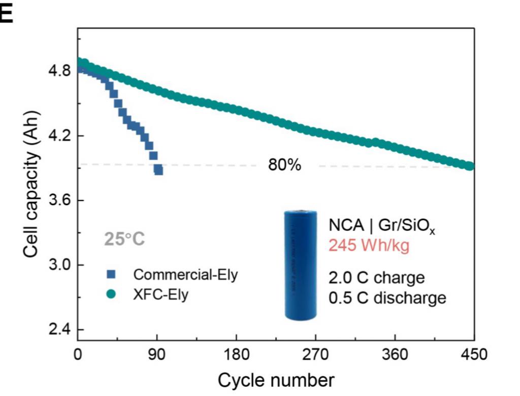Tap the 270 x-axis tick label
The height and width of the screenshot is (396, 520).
(315, 354)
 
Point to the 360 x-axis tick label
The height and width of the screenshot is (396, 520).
(395, 354)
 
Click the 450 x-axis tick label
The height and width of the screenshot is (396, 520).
(473, 354)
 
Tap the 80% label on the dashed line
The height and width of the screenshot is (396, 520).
(285, 166)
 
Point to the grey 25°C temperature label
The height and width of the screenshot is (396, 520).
(124, 239)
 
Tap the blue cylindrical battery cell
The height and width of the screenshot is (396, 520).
(301, 265)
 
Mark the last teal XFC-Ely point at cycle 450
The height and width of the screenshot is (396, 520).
(470, 166)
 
